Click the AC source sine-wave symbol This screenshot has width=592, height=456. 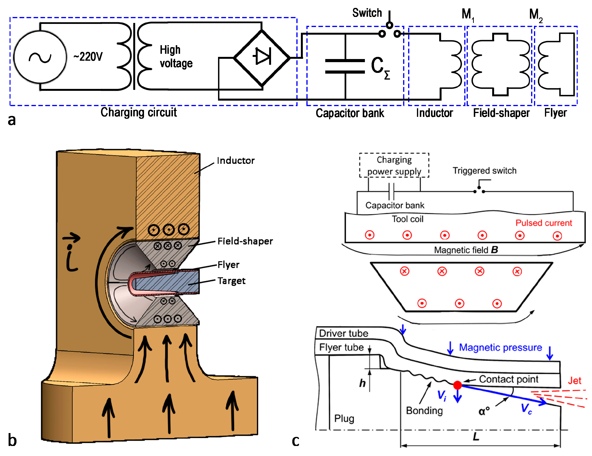(x=40, y=57)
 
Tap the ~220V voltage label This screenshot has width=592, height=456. (x=88, y=57)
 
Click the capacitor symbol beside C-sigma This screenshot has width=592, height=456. (x=345, y=66)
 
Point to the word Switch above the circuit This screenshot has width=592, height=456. (x=367, y=13)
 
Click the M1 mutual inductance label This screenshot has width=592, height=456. (x=468, y=15)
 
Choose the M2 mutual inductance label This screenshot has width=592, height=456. (x=535, y=15)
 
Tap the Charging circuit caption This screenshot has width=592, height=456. (x=139, y=112)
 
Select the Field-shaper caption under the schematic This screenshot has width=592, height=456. (x=501, y=113)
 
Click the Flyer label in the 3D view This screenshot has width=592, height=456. (x=228, y=265)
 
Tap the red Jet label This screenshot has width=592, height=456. (x=574, y=380)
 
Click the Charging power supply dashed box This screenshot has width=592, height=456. (x=394, y=165)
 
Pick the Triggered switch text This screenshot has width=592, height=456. (x=484, y=171)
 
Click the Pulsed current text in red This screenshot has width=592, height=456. (x=544, y=223)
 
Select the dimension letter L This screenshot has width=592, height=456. (x=476, y=436)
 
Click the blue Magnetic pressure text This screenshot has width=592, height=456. (x=500, y=347)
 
